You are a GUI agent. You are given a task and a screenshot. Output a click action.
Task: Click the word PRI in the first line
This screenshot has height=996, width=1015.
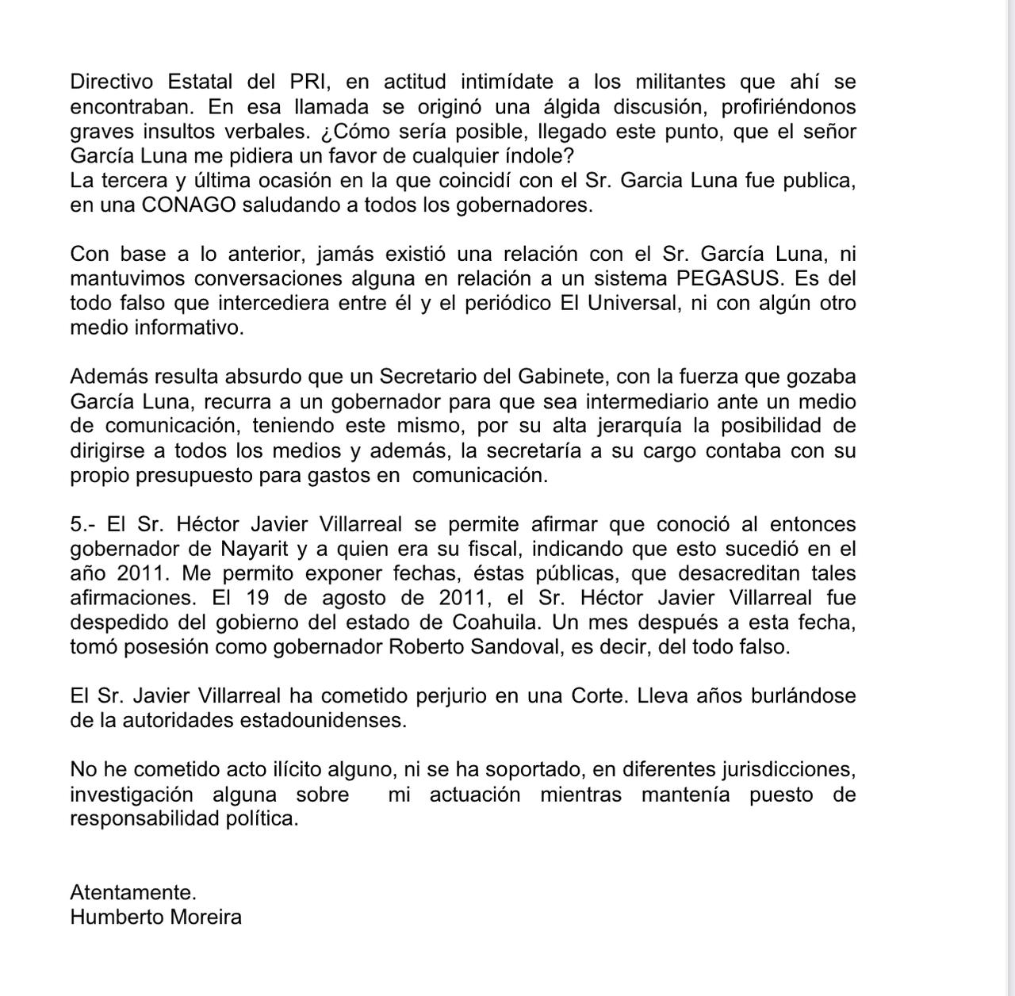click(x=301, y=82)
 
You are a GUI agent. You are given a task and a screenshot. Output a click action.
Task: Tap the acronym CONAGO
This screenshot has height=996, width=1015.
click(x=188, y=205)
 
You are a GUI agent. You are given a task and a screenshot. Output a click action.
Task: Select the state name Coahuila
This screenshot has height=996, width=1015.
click(x=496, y=622)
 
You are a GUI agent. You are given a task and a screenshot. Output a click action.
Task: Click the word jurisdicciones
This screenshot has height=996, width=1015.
click(x=787, y=769)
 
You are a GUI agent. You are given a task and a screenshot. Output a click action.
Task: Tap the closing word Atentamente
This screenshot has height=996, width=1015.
click(x=133, y=893)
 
